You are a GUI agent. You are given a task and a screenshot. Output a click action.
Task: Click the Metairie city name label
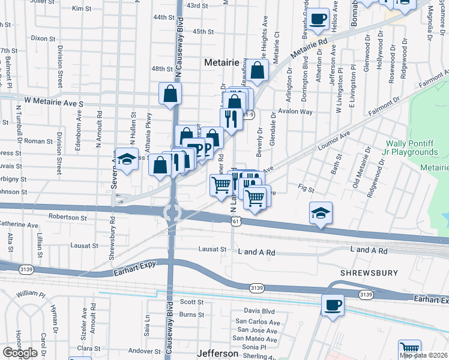(x=221, y=62)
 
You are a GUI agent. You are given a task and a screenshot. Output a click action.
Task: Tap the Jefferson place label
(x=217, y=353)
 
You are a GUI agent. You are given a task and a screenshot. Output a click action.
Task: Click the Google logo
(x=20, y=353)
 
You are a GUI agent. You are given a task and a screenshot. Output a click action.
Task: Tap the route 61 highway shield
(x=238, y=221)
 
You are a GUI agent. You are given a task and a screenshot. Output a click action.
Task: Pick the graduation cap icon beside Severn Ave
(x=127, y=159)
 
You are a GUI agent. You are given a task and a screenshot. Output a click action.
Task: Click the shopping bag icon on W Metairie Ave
(x=170, y=94)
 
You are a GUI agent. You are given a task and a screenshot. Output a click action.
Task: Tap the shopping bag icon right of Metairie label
(x=257, y=71)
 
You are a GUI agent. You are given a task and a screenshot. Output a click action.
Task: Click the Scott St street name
(x=192, y=302)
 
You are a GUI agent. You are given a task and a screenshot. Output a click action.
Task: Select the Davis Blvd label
(x=259, y=311)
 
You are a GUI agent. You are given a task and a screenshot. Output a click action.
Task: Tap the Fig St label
(x=306, y=189)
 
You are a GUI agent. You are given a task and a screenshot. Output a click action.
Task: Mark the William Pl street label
(x=31, y=294)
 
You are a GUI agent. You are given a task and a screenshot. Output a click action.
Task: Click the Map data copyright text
(x=423, y=355)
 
